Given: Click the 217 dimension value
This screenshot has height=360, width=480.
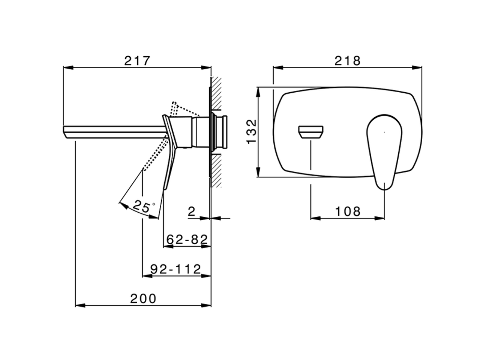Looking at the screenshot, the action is pyautogui.click(x=137, y=61).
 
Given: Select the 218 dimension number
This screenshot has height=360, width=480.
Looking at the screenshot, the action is pyautogui.click(x=348, y=61).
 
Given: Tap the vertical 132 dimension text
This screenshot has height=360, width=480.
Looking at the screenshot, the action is pyautogui.click(x=252, y=131).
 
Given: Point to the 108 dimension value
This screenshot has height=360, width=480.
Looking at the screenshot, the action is pyautogui.click(x=348, y=211).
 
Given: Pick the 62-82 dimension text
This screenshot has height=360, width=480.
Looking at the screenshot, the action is pyautogui.click(x=187, y=239).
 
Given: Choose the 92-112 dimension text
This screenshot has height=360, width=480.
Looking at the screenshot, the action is pyautogui.click(x=175, y=269).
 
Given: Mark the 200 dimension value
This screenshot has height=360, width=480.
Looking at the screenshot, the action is pyautogui.click(x=143, y=298).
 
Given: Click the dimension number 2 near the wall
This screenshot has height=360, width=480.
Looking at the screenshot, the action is pyautogui.click(x=191, y=211).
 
